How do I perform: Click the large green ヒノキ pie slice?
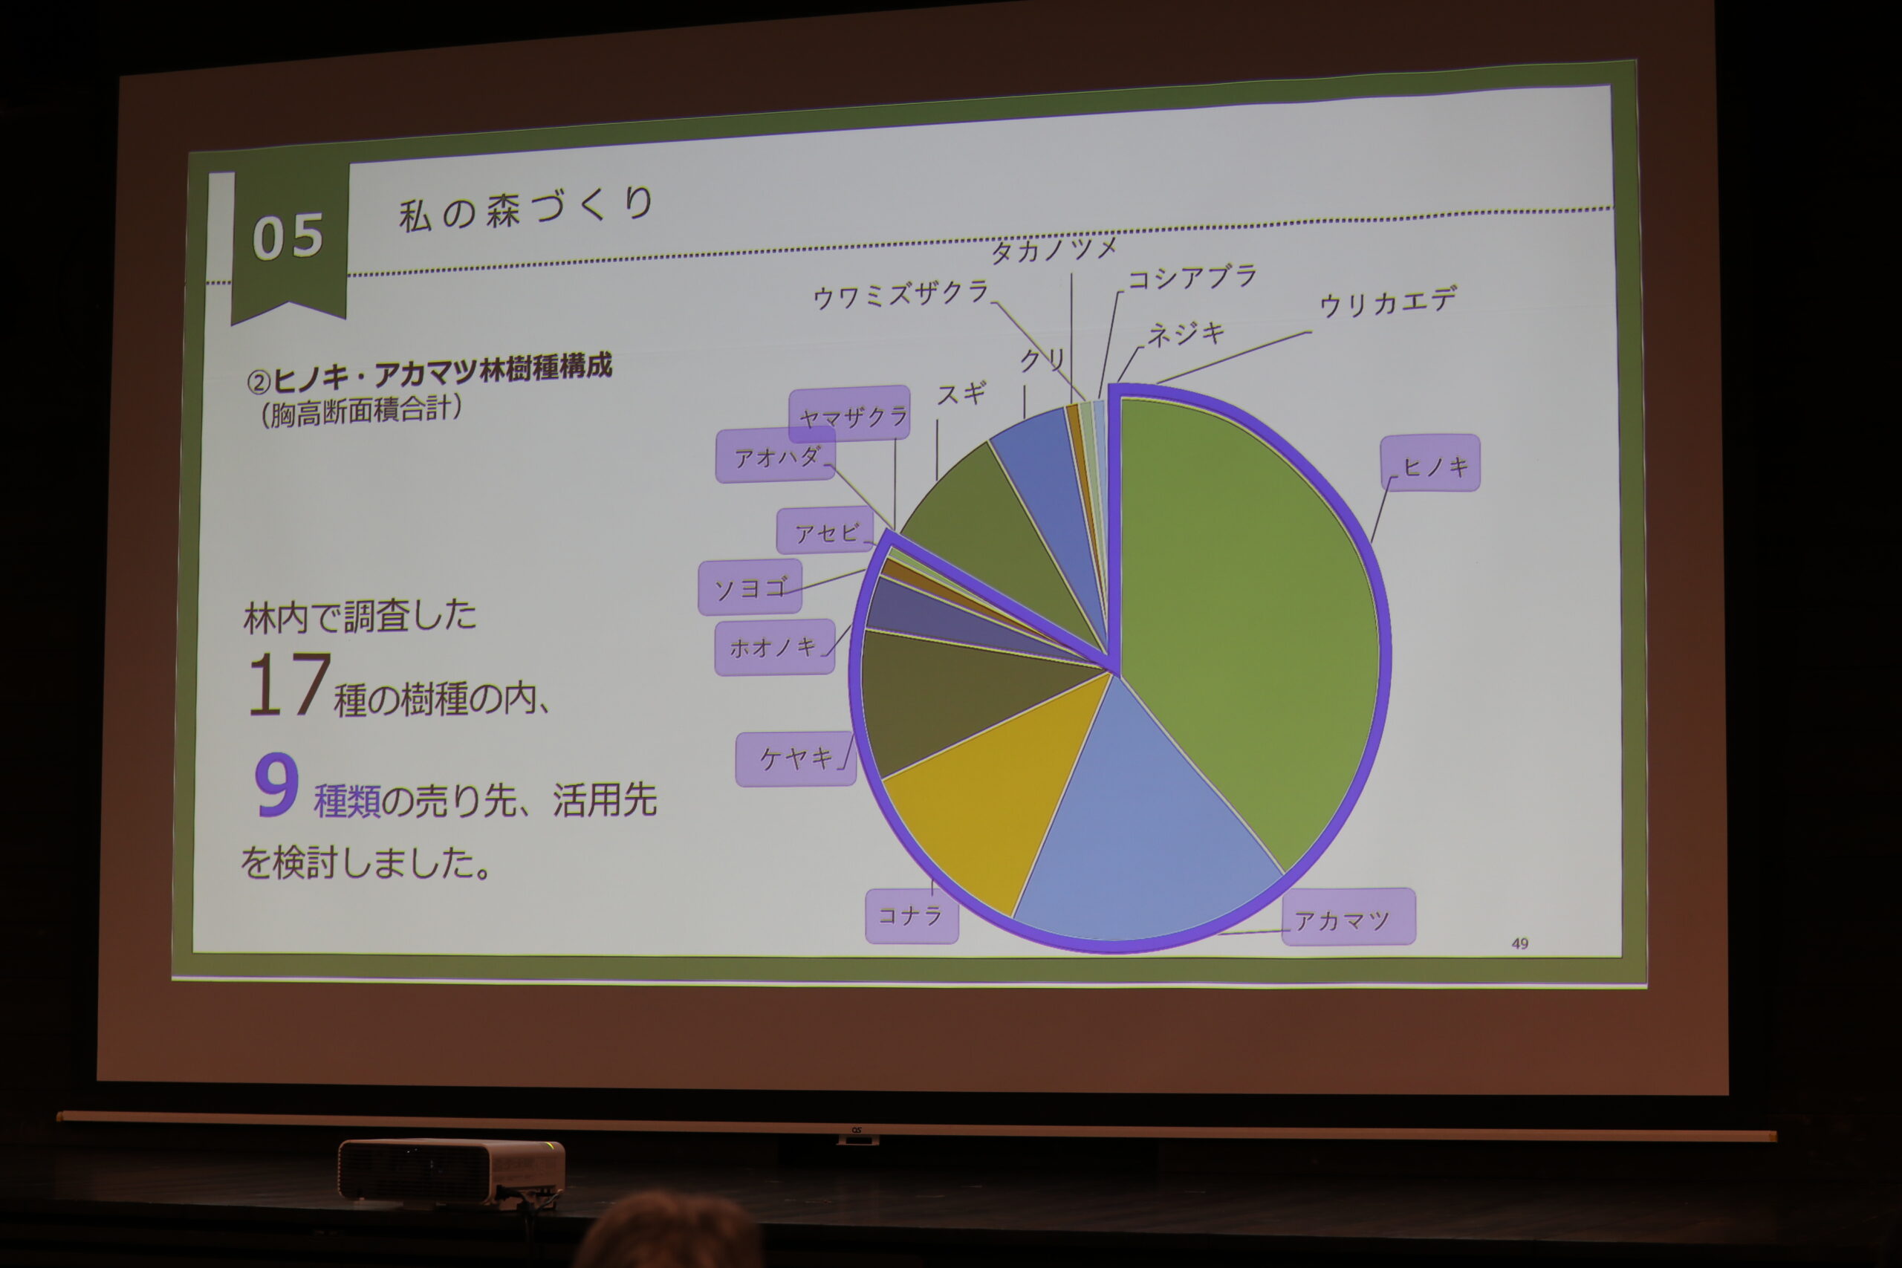[1245, 614]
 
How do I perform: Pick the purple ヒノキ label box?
[1429, 464]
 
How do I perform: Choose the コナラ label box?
[912, 916]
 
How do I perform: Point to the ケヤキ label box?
[796, 759]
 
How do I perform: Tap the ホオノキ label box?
[775, 647]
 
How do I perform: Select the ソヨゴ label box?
[750, 587]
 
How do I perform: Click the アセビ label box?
[825, 531]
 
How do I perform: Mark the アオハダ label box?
[776, 456]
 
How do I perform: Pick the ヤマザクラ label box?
[850, 414]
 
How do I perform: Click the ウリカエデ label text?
[1388, 302]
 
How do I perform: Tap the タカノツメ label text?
[1054, 250]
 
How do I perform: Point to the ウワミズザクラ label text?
[901, 294]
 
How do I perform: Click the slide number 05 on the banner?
[288, 238]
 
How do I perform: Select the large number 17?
[289, 686]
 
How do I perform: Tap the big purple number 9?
[276, 784]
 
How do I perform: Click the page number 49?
[1519, 943]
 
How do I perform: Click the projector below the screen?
[451, 1171]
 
